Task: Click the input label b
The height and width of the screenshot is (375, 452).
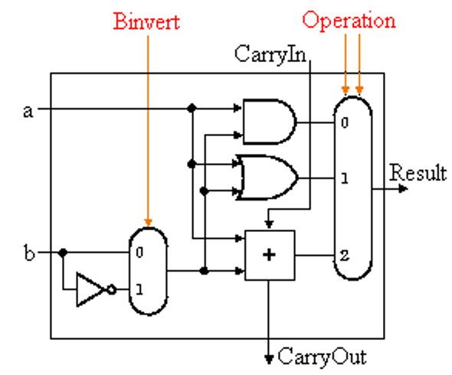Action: pos(30,251)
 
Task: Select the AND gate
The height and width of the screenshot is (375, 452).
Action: pos(267,121)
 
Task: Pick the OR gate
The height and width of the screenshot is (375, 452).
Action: pos(267,177)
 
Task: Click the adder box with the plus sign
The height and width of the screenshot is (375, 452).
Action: pos(268,255)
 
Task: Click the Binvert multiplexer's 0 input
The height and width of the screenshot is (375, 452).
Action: pos(139,251)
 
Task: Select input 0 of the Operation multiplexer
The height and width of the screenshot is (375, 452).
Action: pos(346,122)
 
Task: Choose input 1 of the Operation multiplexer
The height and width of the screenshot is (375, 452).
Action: pos(346,178)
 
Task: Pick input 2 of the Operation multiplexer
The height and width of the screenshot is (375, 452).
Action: pos(346,256)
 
